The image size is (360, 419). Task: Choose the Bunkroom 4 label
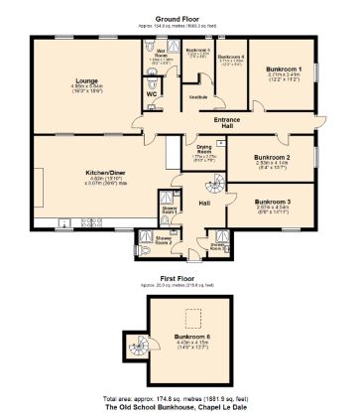[230, 57]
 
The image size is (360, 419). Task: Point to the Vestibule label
[198, 96]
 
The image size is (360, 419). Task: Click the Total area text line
[180, 396]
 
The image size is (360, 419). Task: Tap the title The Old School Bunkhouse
[180, 407]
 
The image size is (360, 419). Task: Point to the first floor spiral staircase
[135, 349]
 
